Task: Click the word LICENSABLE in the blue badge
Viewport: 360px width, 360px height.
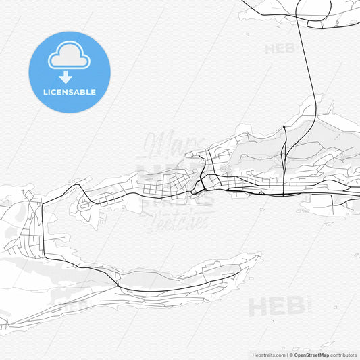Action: (x=69, y=92)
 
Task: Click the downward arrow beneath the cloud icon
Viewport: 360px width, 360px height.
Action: (x=66, y=76)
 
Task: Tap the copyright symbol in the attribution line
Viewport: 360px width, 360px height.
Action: (x=291, y=355)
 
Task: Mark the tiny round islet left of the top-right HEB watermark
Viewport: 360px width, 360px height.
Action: (x=248, y=34)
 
